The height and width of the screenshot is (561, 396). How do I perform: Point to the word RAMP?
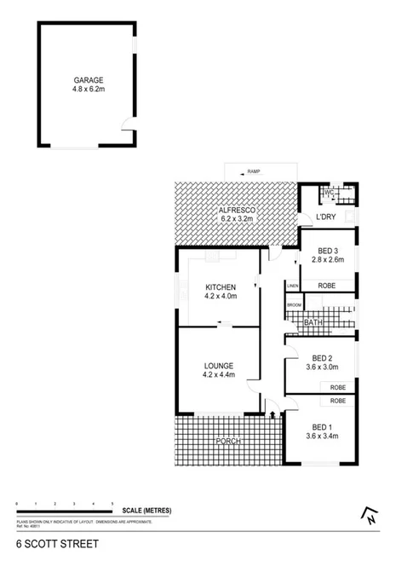pyautogui.click(x=254, y=171)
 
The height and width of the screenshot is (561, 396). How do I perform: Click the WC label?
pyautogui.click(x=327, y=194)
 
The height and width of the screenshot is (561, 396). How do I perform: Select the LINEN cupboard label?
pyautogui.click(x=292, y=286)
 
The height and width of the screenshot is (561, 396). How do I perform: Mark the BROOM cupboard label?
pyautogui.click(x=294, y=304)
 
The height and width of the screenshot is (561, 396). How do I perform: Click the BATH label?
pyautogui.click(x=312, y=322)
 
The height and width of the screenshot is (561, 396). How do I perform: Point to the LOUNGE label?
pyautogui.click(x=219, y=365)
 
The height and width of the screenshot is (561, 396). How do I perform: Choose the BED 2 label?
pyautogui.click(x=321, y=358)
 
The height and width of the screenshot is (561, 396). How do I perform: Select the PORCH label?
pyautogui.click(x=227, y=442)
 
